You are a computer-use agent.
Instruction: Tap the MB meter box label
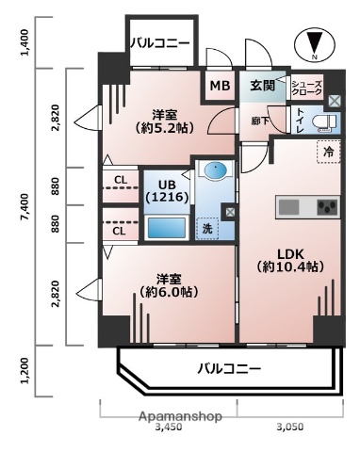(x=219, y=86)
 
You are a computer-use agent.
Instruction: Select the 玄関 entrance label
(x=262, y=86)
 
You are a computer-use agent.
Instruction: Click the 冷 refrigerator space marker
(x=328, y=151)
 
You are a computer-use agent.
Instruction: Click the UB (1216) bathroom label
(x=168, y=190)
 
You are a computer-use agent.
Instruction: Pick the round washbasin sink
(x=215, y=172)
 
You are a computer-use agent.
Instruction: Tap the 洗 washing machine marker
(x=205, y=227)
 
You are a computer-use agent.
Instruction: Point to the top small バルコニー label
(x=159, y=42)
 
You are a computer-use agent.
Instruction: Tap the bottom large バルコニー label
(x=228, y=368)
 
